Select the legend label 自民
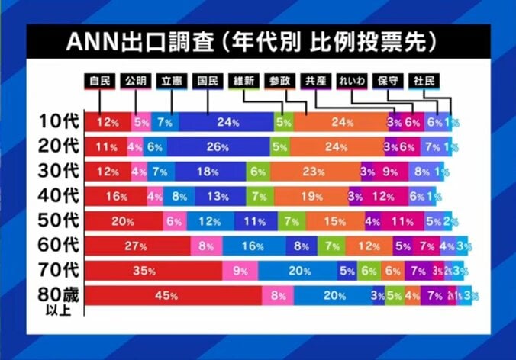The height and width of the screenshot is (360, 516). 101,80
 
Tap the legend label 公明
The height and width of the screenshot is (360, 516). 134,80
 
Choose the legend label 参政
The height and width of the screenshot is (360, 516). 280,80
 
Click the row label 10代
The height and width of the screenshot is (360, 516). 58,121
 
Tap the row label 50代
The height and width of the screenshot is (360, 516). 58,221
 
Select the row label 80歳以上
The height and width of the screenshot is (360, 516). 58,297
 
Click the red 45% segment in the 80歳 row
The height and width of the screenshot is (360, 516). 173,296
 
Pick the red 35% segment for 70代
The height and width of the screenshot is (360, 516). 153,271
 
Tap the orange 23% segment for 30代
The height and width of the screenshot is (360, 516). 314,172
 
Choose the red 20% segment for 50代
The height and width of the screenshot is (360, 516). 123,221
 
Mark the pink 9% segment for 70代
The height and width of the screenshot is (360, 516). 240,271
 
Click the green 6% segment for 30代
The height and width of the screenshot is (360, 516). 258,172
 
